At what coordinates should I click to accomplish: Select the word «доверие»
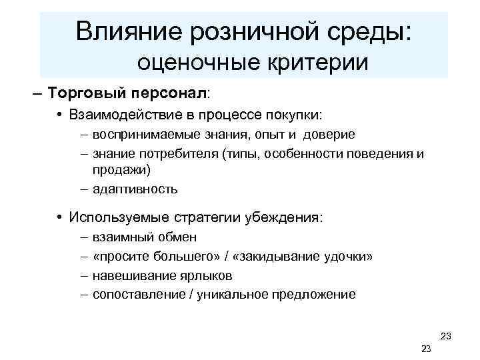coord(329,135)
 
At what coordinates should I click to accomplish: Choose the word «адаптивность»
coord(135,189)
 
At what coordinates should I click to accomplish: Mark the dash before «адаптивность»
coord(83,189)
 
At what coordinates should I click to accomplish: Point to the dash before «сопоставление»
coord(83,294)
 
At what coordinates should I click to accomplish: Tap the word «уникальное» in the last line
coord(232,294)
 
